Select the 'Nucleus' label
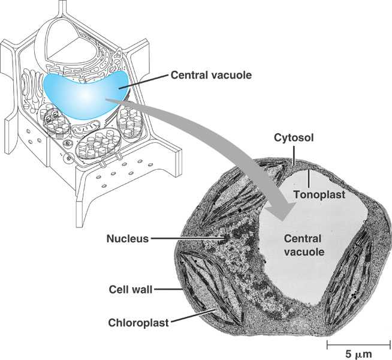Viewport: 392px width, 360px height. [x=127, y=238]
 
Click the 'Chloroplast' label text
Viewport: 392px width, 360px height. [x=138, y=322]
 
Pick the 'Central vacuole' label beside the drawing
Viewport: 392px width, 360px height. [x=210, y=76]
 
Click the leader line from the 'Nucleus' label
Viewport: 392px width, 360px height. [x=186, y=238]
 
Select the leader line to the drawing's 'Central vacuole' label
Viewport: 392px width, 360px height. [x=144, y=82]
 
